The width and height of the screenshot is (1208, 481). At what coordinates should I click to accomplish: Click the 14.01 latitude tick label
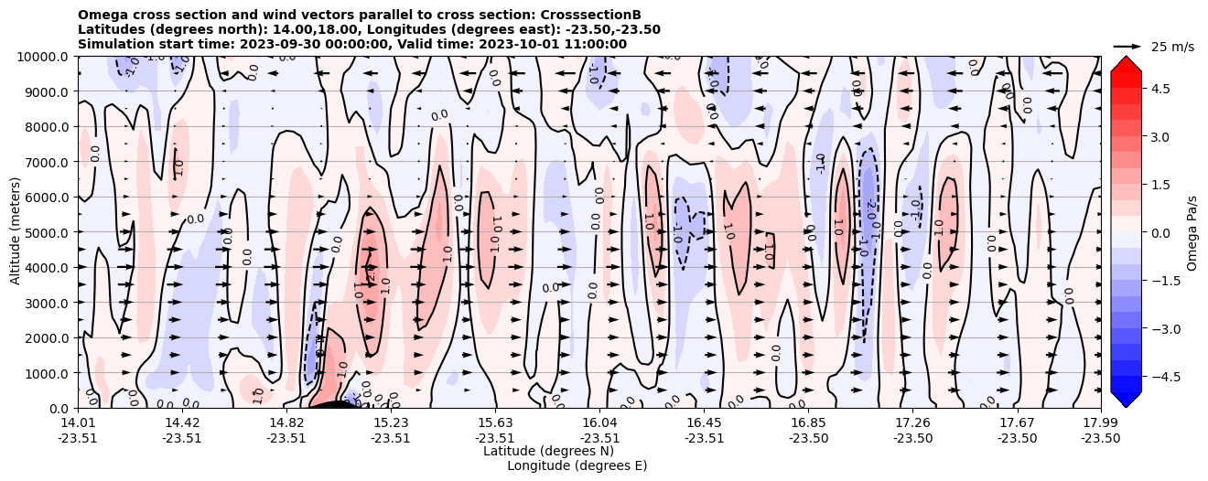[78, 422]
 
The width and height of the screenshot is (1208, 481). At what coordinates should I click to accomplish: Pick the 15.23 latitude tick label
[391, 422]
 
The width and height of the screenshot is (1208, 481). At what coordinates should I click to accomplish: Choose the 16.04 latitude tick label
[599, 422]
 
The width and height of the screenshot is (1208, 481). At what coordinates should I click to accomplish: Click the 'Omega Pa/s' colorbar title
[1192, 232]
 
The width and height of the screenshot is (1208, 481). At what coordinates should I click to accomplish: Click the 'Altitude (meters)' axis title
[16, 232]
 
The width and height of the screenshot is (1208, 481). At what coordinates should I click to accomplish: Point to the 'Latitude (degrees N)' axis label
[548, 451]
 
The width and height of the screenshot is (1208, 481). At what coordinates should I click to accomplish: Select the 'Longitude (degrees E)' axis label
[577, 465]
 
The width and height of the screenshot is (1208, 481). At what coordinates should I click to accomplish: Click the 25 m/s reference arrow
[1127, 46]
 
